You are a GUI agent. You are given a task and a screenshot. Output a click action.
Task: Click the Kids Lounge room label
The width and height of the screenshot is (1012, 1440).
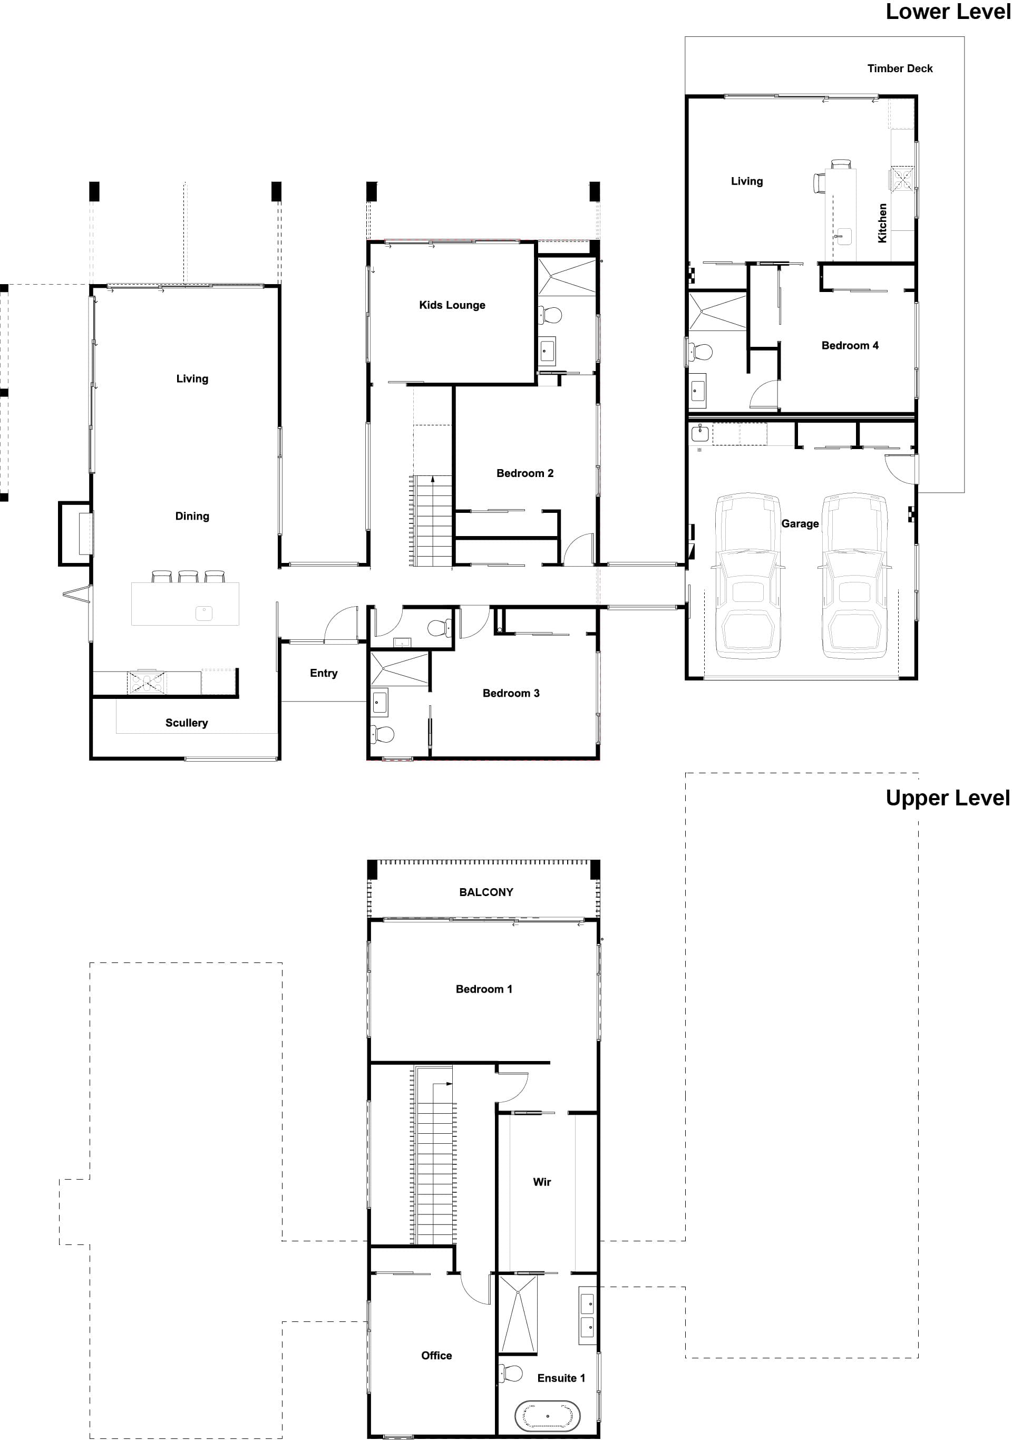(x=452, y=305)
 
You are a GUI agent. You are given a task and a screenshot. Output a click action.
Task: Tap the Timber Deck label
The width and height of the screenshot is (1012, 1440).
(x=899, y=69)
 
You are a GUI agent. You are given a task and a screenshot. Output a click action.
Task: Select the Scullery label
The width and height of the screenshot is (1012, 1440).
(x=186, y=723)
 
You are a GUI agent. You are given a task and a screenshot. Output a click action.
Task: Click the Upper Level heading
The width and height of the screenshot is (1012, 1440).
(x=947, y=798)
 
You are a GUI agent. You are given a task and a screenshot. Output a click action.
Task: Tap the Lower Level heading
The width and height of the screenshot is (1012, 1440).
(x=947, y=12)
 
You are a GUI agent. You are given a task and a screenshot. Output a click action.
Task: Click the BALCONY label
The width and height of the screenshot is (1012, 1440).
(x=485, y=892)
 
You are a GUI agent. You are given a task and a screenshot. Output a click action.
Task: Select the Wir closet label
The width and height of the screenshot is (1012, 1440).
(x=541, y=1182)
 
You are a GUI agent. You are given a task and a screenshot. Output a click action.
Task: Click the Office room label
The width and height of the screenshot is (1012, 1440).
(x=436, y=1355)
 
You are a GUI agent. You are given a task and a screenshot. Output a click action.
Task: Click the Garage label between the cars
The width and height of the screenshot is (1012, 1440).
(x=800, y=524)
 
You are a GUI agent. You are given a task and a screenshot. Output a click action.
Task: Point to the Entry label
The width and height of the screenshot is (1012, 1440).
(x=323, y=673)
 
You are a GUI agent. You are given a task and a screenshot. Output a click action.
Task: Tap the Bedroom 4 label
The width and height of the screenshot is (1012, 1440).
(x=849, y=346)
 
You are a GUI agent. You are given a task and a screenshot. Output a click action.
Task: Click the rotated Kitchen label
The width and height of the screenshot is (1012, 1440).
(x=882, y=222)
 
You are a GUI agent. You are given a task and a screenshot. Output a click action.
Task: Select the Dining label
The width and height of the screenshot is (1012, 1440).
(x=192, y=516)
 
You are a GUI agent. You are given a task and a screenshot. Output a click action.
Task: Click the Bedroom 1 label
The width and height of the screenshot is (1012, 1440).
(x=483, y=989)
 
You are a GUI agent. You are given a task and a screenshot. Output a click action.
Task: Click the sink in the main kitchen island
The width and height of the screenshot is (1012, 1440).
(x=204, y=613)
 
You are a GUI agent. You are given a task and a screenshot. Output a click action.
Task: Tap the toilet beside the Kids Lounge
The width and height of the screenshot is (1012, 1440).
(x=551, y=314)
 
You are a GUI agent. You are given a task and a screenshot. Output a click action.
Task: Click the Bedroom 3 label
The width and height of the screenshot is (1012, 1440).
(x=510, y=693)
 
